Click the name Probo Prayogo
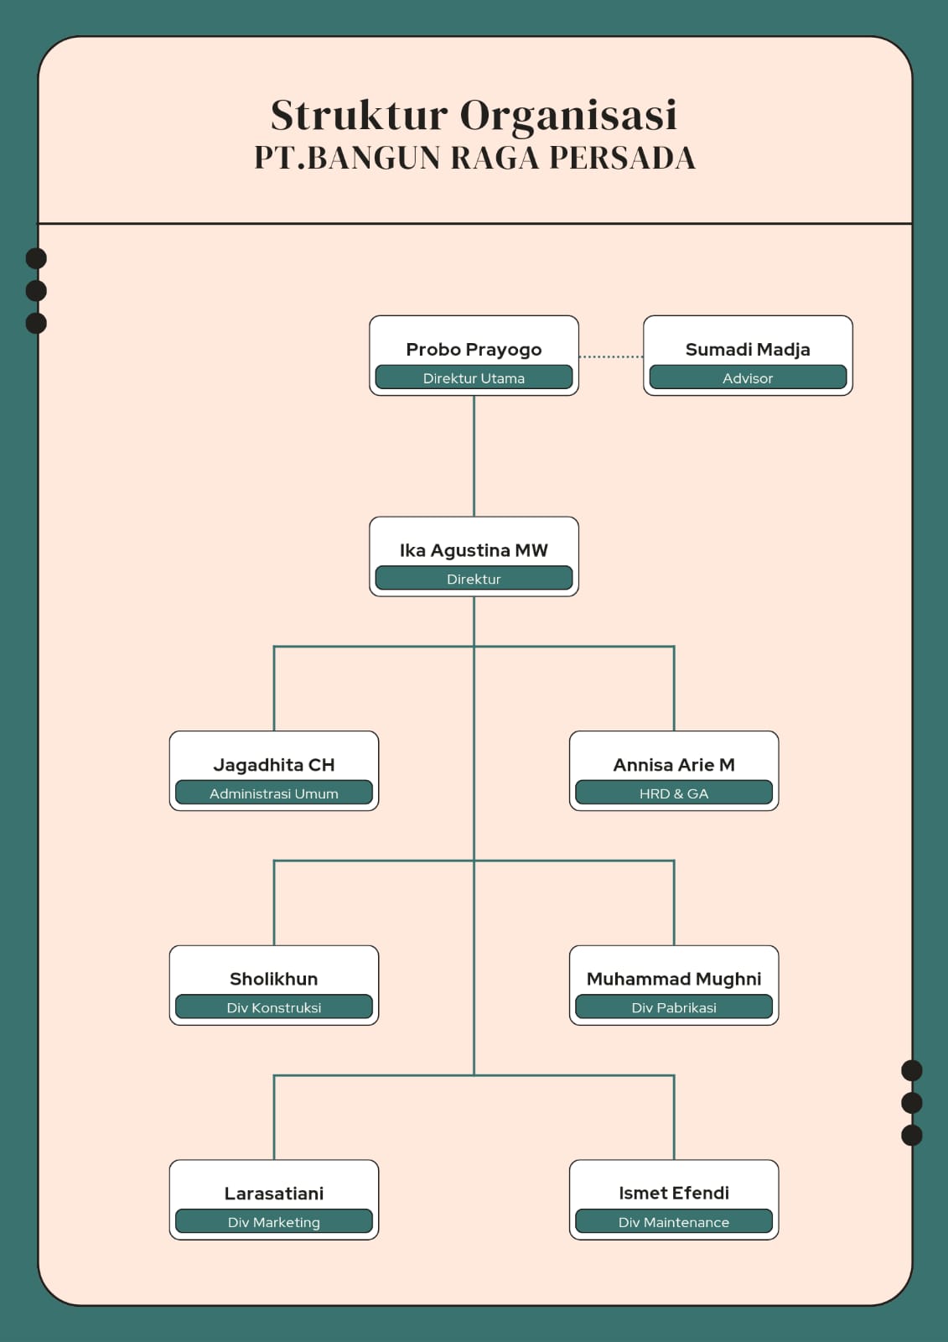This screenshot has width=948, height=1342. [474, 349]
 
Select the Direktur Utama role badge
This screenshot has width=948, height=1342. [474, 377]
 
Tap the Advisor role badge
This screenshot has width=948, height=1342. [748, 377]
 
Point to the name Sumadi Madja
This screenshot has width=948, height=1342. [748, 349]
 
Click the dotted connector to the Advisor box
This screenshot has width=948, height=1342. [611, 356]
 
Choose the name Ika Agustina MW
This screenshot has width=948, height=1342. [474, 550]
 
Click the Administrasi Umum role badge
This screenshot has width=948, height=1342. [274, 793]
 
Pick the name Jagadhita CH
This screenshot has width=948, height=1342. [274, 764]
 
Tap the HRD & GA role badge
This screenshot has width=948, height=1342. [674, 793]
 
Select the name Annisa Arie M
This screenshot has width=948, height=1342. [674, 764]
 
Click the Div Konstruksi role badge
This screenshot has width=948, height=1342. [274, 1007]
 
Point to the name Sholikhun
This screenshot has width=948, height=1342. [274, 979]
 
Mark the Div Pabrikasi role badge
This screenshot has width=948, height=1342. [674, 1007]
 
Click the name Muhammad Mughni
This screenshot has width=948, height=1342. [674, 979]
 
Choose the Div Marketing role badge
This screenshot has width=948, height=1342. [274, 1222]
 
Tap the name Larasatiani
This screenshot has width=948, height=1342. [274, 1193]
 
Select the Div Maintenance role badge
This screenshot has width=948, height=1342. [674, 1222]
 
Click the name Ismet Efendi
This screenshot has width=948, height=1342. [674, 1193]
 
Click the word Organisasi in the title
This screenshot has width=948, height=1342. [568, 116]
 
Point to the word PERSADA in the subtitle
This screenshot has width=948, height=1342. [622, 159]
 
